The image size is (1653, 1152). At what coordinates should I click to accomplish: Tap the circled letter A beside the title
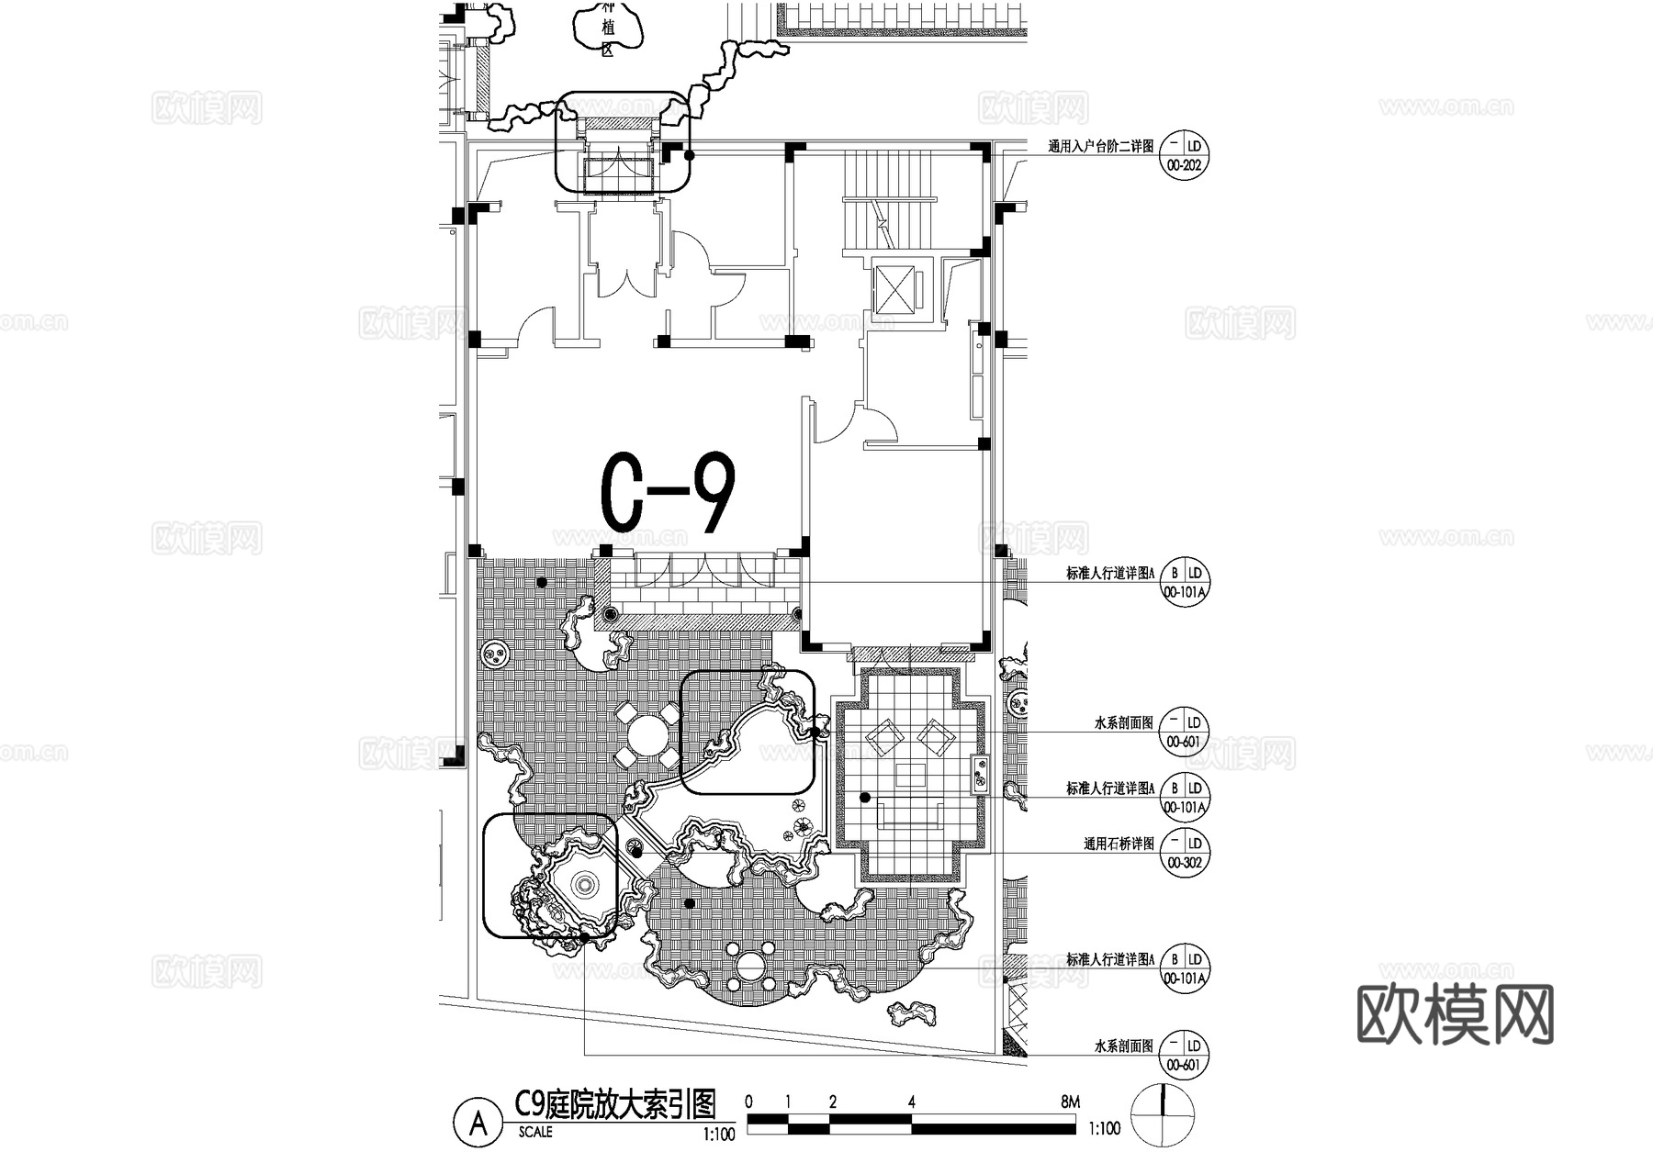point(478,1123)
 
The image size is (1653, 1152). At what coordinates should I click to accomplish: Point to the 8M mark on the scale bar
point(1069,1102)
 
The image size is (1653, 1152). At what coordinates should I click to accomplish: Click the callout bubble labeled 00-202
point(1184,156)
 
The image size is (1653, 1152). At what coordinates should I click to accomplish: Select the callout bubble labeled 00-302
point(1184,853)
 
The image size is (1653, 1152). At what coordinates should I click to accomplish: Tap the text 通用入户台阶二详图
point(1100,146)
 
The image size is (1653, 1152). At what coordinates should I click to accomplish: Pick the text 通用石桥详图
point(1119,844)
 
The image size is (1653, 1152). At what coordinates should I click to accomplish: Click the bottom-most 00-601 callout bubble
point(1184,1055)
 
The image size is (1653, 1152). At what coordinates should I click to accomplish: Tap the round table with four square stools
point(648,735)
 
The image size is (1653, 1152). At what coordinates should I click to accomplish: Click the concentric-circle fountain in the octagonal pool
point(584,884)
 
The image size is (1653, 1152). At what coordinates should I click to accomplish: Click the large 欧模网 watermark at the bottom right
point(1455,1014)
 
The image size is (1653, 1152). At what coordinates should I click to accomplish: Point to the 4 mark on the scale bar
point(911,1102)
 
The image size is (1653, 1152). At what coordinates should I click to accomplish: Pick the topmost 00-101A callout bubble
point(1184,582)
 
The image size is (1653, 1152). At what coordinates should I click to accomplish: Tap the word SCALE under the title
point(535,1132)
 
